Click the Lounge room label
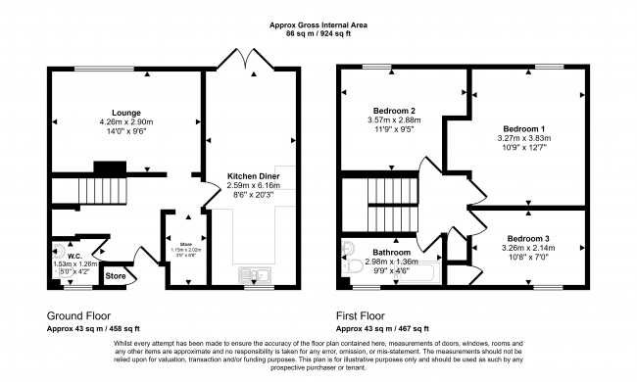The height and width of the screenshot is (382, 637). (126, 113)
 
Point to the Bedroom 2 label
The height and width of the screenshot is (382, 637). (395, 111)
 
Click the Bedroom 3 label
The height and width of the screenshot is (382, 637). (529, 238)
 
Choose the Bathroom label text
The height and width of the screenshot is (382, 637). (392, 252)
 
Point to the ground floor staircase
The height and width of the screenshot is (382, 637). (98, 188)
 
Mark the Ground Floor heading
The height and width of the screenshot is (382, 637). (79, 316)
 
